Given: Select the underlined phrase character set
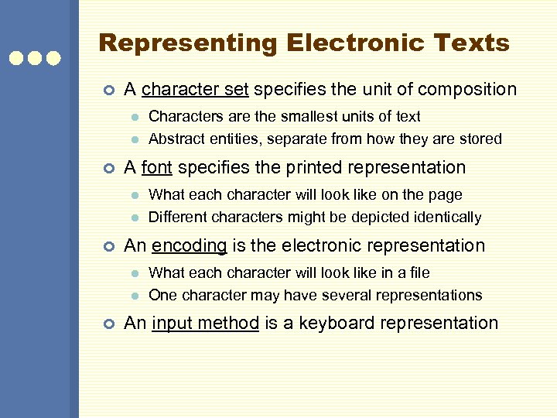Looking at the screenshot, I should (x=195, y=90).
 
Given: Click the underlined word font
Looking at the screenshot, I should (x=157, y=167).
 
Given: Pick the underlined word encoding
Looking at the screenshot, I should (x=190, y=246).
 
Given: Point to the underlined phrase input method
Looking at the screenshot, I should (x=205, y=323).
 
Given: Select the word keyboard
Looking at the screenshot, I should (x=330, y=323).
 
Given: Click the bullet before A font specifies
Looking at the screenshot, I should (x=109, y=168).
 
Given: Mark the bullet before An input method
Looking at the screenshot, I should (x=109, y=324).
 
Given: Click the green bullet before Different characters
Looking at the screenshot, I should (x=134, y=218).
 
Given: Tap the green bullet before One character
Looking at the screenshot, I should (x=134, y=296).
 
